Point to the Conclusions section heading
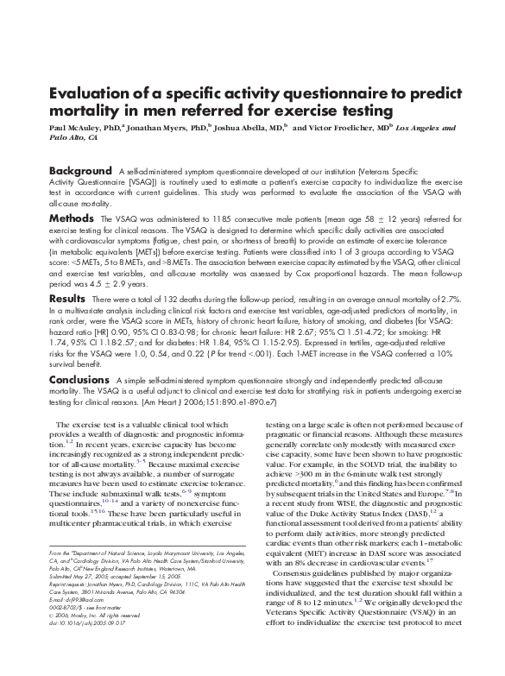pyautogui.click(x=79, y=379)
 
